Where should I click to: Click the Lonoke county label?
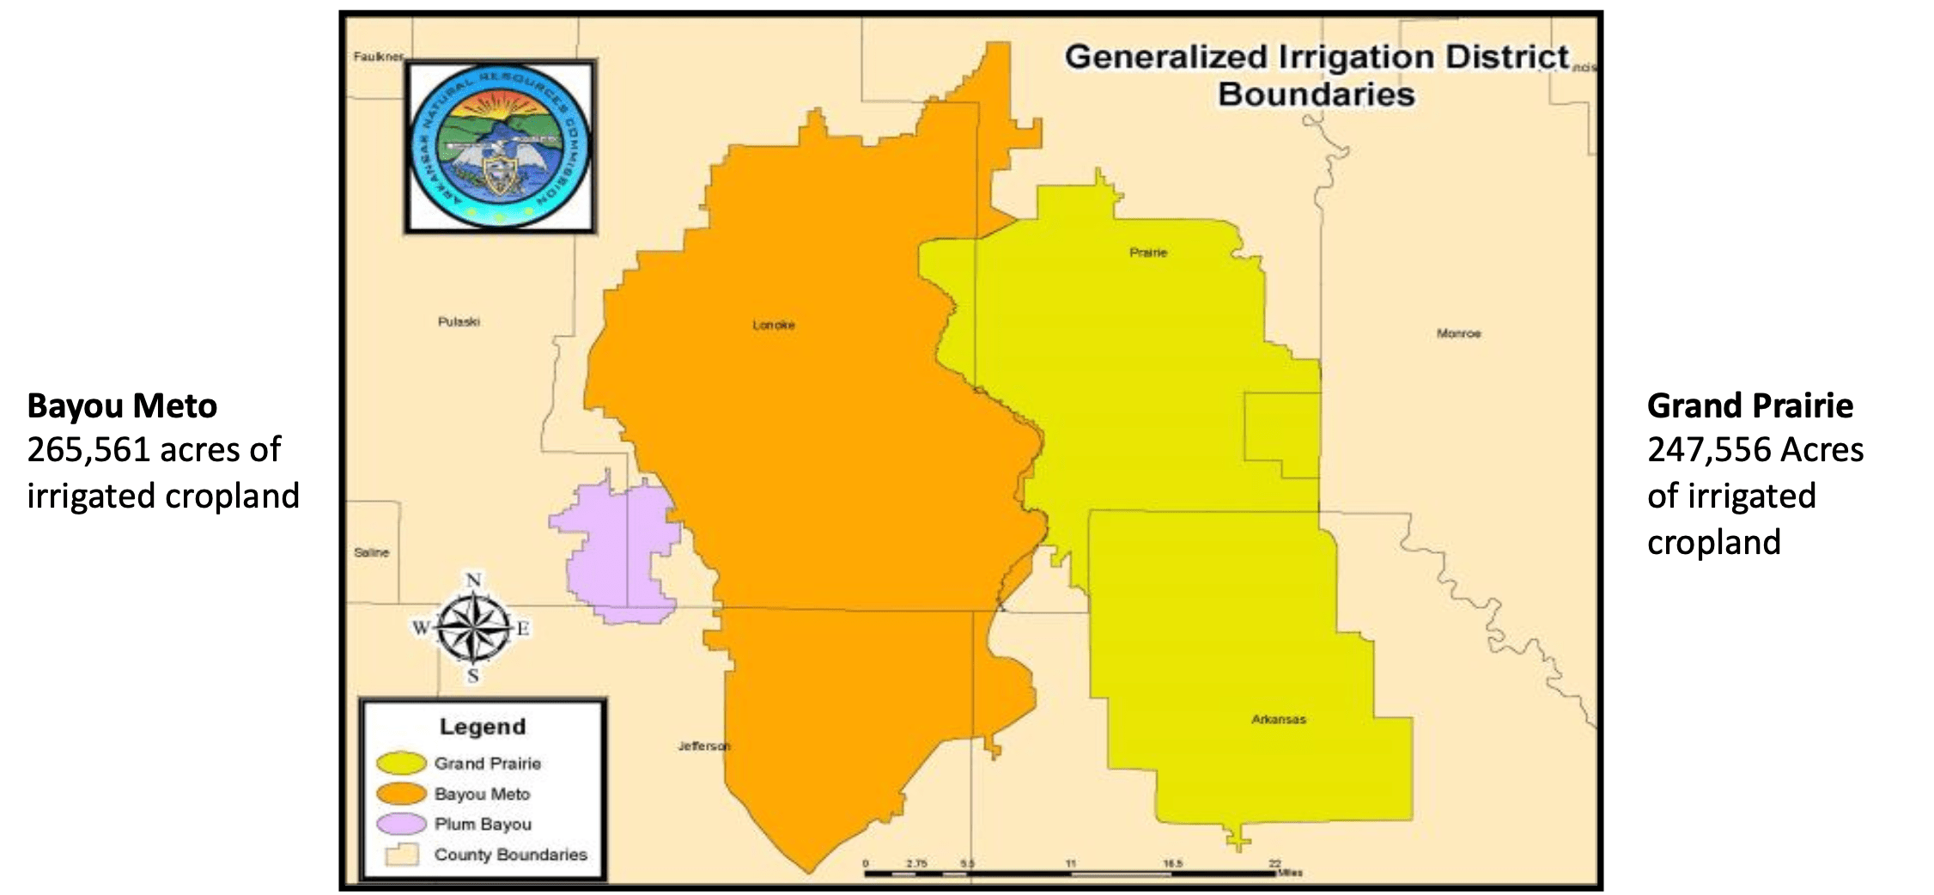point(773,325)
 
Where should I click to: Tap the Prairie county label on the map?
point(1148,253)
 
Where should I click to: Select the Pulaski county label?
point(459,322)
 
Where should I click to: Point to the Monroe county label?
point(1458,333)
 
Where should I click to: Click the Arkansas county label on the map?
point(1278,720)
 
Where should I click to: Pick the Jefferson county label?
point(703,746)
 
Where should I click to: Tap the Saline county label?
point(371,552)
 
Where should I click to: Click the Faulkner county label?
point(378,57)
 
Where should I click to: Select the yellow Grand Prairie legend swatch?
point(400,763)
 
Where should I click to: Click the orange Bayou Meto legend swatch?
point(400,794)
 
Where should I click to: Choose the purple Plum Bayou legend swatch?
point(400,824)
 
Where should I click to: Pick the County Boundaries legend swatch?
point(401,855)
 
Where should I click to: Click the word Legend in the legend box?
point(482,727)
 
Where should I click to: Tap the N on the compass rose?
point(473,581)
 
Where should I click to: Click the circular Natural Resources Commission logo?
point(500,145)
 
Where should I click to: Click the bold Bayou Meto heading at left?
point(122,406)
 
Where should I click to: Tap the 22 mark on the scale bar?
point(1274,863)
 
